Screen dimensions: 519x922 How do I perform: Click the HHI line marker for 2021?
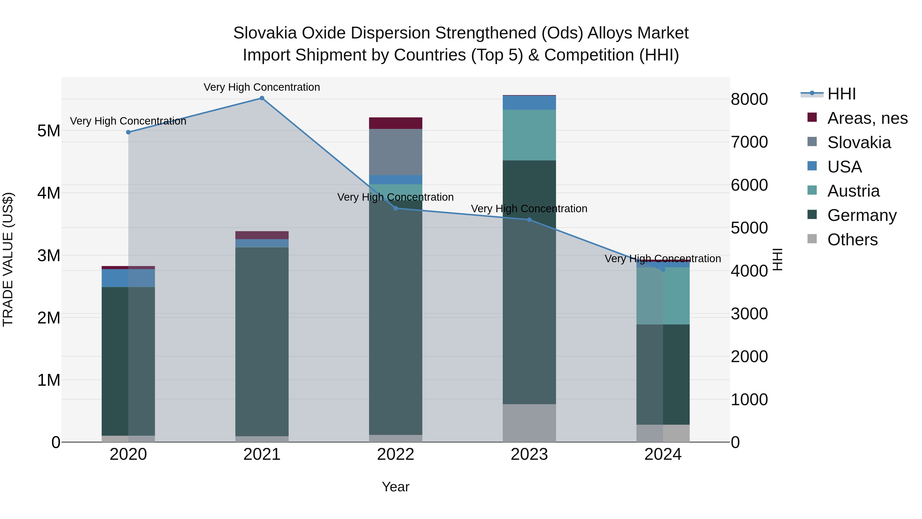coord(262,98)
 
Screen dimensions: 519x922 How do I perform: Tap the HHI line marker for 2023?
coord(529,220)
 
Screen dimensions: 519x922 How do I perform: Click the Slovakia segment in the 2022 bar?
coord(395,152)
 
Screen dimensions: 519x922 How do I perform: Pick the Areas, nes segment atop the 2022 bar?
coord(395,123)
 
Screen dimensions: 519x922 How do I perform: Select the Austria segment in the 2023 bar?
coord(529,135)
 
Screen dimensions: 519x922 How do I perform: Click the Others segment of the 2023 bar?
coord(529,423)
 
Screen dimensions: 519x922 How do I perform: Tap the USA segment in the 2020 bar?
coord(128,278)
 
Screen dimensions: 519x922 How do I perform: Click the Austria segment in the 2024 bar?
coord(663,296)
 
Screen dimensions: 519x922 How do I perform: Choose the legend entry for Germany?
coord(862,215)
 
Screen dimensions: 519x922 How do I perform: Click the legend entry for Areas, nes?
coord(867,118)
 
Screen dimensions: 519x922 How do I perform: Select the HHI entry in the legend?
coord(841,94)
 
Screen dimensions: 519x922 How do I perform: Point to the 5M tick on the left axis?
coord(49,131)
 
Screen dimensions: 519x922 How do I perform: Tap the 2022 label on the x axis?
coord(395,454)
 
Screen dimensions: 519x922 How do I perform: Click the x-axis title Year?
coord(395,487)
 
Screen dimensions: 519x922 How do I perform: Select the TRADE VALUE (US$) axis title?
coord(8,259)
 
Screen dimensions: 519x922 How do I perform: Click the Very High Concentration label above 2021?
coord(262,87)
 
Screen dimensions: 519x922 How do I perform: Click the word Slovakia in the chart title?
coord(265,33)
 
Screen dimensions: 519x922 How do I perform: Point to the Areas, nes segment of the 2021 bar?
coord(262,235)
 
